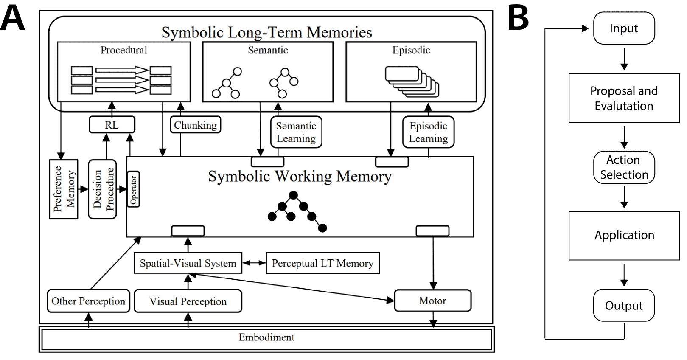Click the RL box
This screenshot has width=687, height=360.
pos(112,125)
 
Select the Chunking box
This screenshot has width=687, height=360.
pos(195,125)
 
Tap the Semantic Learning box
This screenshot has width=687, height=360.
pos(296,132)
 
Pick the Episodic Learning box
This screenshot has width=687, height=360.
pos(428,132)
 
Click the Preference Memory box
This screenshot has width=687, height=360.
pos(64,189)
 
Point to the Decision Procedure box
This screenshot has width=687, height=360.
pos(102,189)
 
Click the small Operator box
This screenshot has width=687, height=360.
pos(133,189)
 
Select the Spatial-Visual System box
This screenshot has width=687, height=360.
pos(188,263)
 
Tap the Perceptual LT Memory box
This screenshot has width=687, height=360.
pos(322,263)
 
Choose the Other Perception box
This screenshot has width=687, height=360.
pos(88,301)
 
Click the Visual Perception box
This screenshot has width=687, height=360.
pos(188,301)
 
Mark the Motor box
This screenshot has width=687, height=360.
pos(432,301)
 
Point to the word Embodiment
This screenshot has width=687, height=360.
pos(266,337)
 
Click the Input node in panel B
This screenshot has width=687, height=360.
pos(624,28)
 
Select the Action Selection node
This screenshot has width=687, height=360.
pos(624,167)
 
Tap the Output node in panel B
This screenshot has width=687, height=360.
pos(624,306)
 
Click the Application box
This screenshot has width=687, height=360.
pos(624,235)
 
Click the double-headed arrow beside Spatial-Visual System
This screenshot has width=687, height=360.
pos(254,263)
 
